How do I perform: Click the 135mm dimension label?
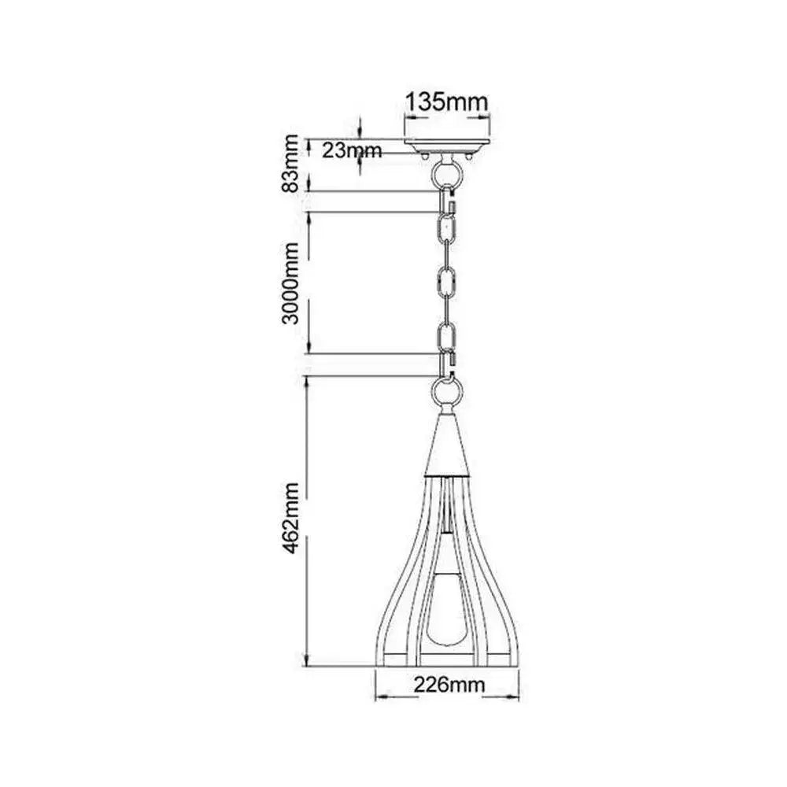(x=446, y=102)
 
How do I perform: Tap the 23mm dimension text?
(x=352, y=150)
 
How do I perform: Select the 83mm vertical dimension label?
(x=290, y=163)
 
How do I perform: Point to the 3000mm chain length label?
(x=290, y=283)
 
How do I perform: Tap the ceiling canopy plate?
(x=447, y=146)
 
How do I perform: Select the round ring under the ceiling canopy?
(x=445, y=173)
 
